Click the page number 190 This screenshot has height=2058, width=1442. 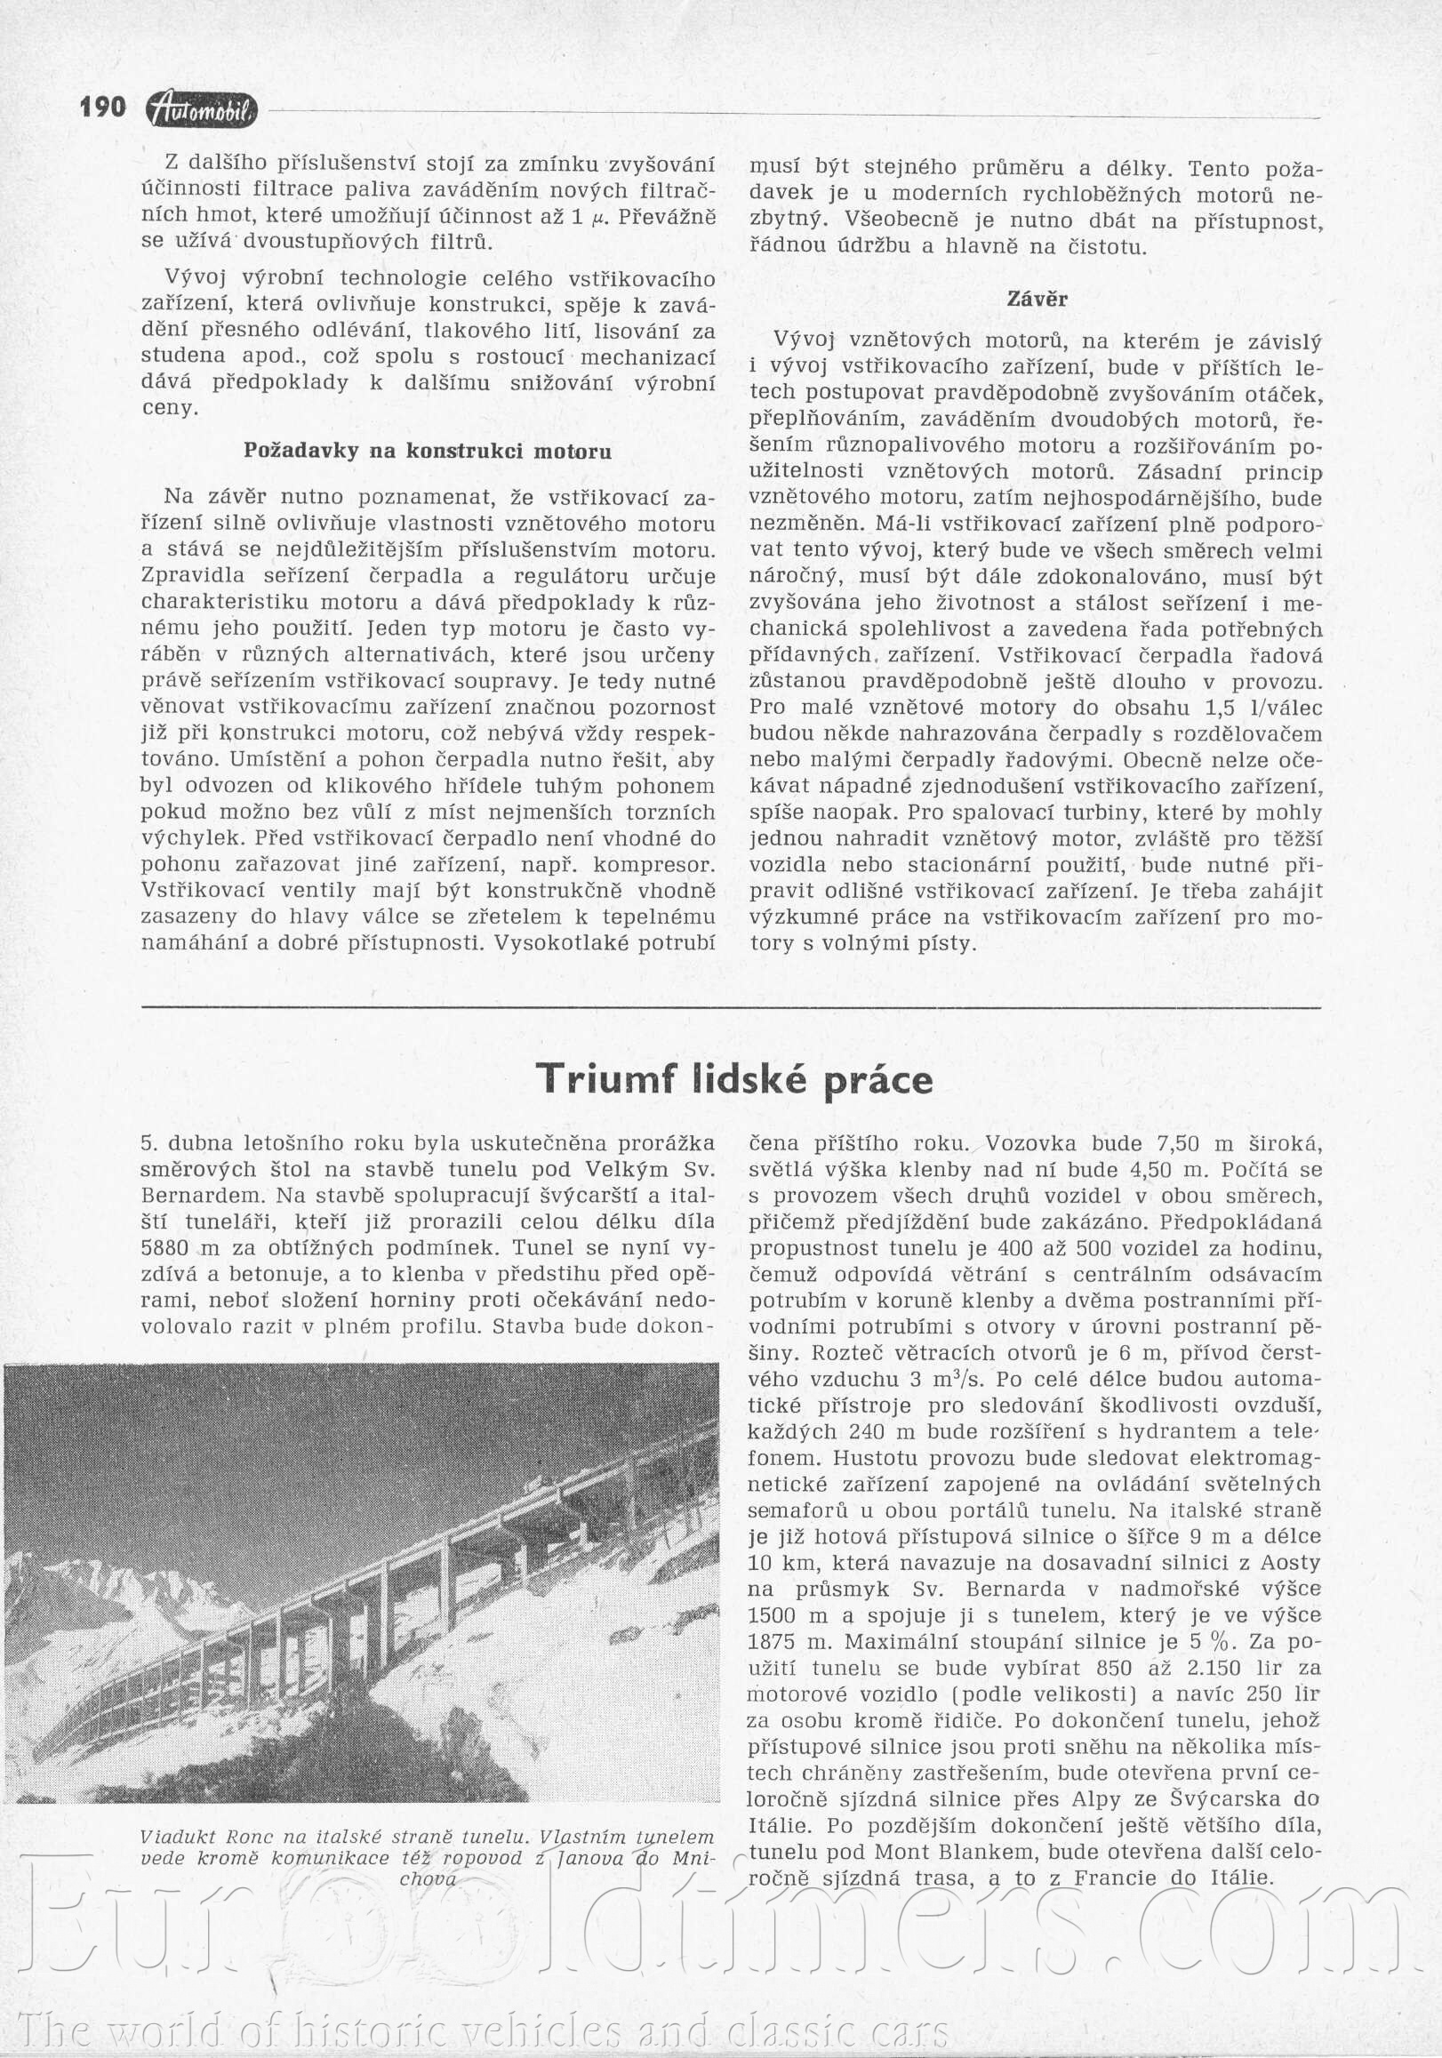point(102,108)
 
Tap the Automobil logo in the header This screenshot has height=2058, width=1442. point(201,109)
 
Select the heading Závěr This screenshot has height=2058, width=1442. point(1037,300)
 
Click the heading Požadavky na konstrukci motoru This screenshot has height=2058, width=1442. point(428,451)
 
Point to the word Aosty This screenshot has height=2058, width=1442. point(1291,1562)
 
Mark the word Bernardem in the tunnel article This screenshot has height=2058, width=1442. point(202,1196)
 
